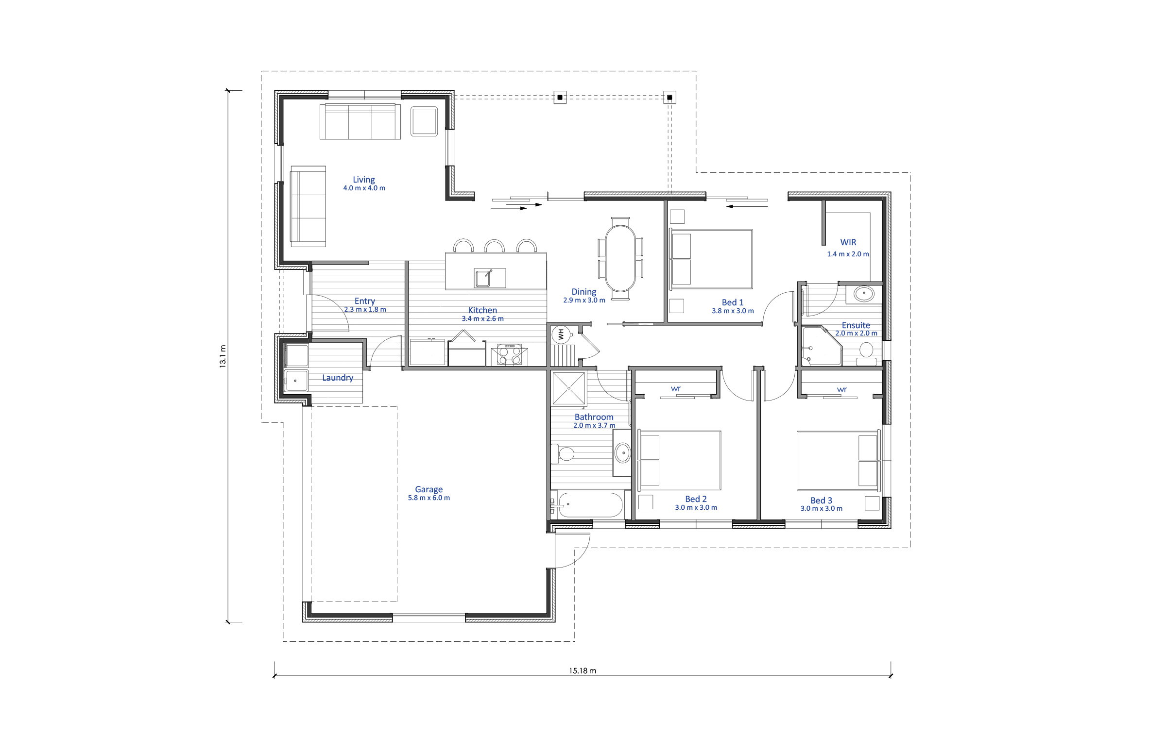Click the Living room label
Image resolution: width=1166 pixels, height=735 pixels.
click(x=364, y=180)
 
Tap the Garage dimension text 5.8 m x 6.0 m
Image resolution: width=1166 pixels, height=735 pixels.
click(x=429, y=498)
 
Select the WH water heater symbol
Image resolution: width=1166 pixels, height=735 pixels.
click(x=561, y=334)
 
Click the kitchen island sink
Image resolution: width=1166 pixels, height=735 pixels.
click(x=490, y=278)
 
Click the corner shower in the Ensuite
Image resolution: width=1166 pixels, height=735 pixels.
click(x=822, y=346)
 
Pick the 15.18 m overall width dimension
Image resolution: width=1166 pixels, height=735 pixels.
click(x=583, y=671)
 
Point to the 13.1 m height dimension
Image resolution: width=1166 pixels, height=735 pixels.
click(x=223, y=357)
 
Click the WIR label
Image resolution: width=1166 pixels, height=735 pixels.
click(x=848, y=242)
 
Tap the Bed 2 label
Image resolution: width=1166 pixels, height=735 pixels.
click(x=696, y=499)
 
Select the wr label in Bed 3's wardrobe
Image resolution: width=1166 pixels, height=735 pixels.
click(x=842, y=389)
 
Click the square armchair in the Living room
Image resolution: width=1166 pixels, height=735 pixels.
click(x=425, y=121)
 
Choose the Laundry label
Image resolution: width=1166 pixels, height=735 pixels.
click(x=338, y=378)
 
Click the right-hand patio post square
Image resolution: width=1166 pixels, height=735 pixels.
click(x=669, y=98)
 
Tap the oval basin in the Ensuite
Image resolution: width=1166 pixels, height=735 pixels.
click(x=864, y=294)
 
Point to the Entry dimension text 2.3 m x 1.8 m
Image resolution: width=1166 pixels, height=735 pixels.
click(x=365, y=309)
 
